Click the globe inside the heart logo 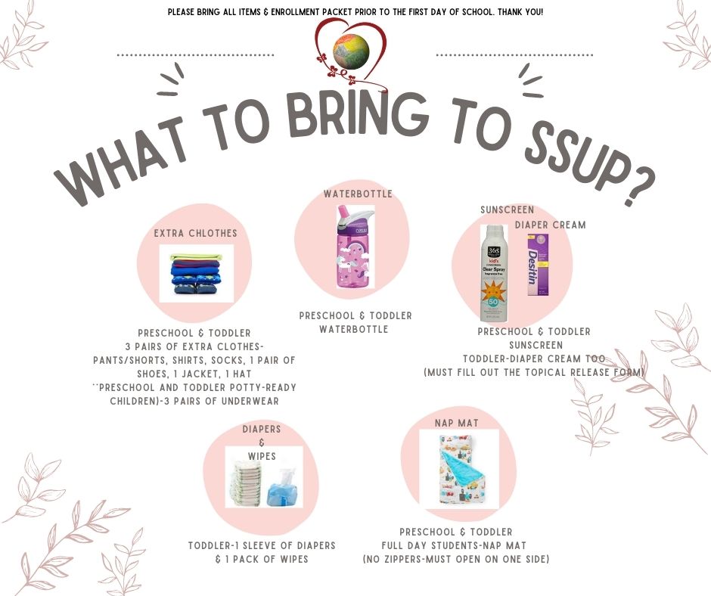pyautogui.click(x=351, y=51)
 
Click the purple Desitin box pyautogui.click(x=538, y=265)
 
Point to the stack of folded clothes pyautogui.click(x=196, y=274)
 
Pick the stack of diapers pyautogui.click(x=245, y=483)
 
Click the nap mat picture pyautogui.click(x=458, y=470)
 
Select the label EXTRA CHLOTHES pyautogui.click(x=195, y=233)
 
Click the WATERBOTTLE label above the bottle pyautogui.click(x=358, y=194)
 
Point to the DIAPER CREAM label pyautogui.click(x=550, y=225)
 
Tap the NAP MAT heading pyautogui.click(x=456, y=423)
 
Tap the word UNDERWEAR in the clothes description pyautogui.click(x=250, y=401)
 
